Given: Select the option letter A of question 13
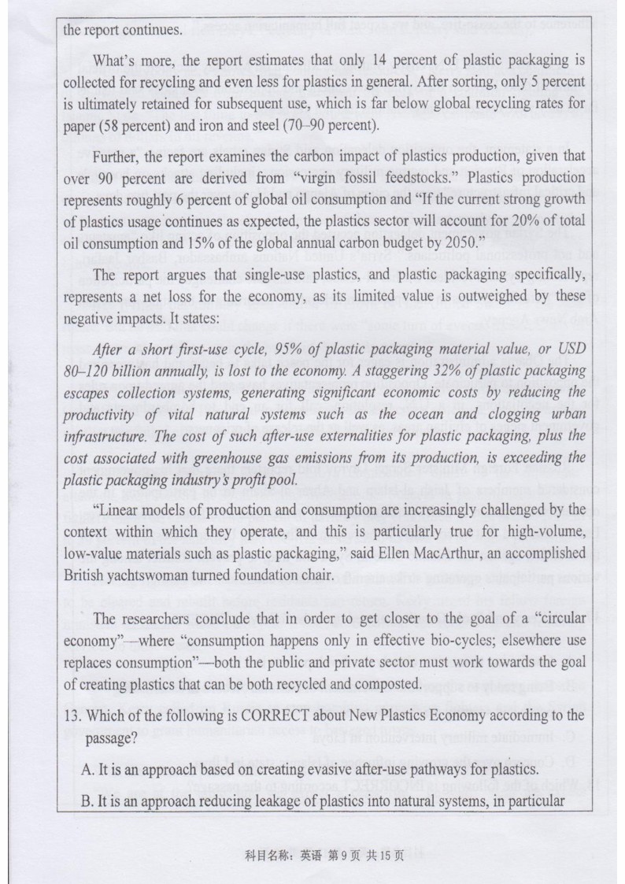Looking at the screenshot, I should (x=87, y=768).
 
